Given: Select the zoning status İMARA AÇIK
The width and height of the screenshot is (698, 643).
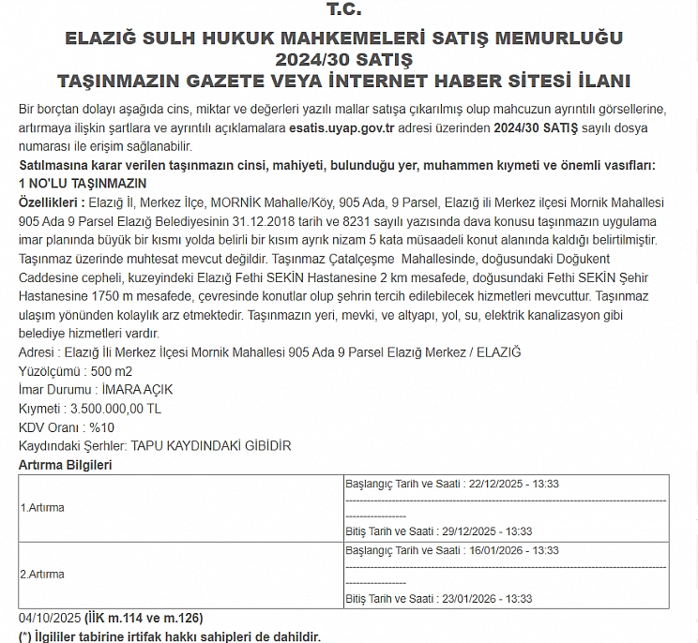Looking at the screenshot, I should (x=138, y=390).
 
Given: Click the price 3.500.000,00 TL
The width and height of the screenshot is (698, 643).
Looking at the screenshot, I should (x=116, y=409).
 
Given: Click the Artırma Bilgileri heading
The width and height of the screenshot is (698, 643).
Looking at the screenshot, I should (x=66, y=465).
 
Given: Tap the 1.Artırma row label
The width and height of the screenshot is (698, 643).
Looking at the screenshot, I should (x=42, y=508).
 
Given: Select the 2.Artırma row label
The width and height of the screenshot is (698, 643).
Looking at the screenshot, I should (x=42, y=574).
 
